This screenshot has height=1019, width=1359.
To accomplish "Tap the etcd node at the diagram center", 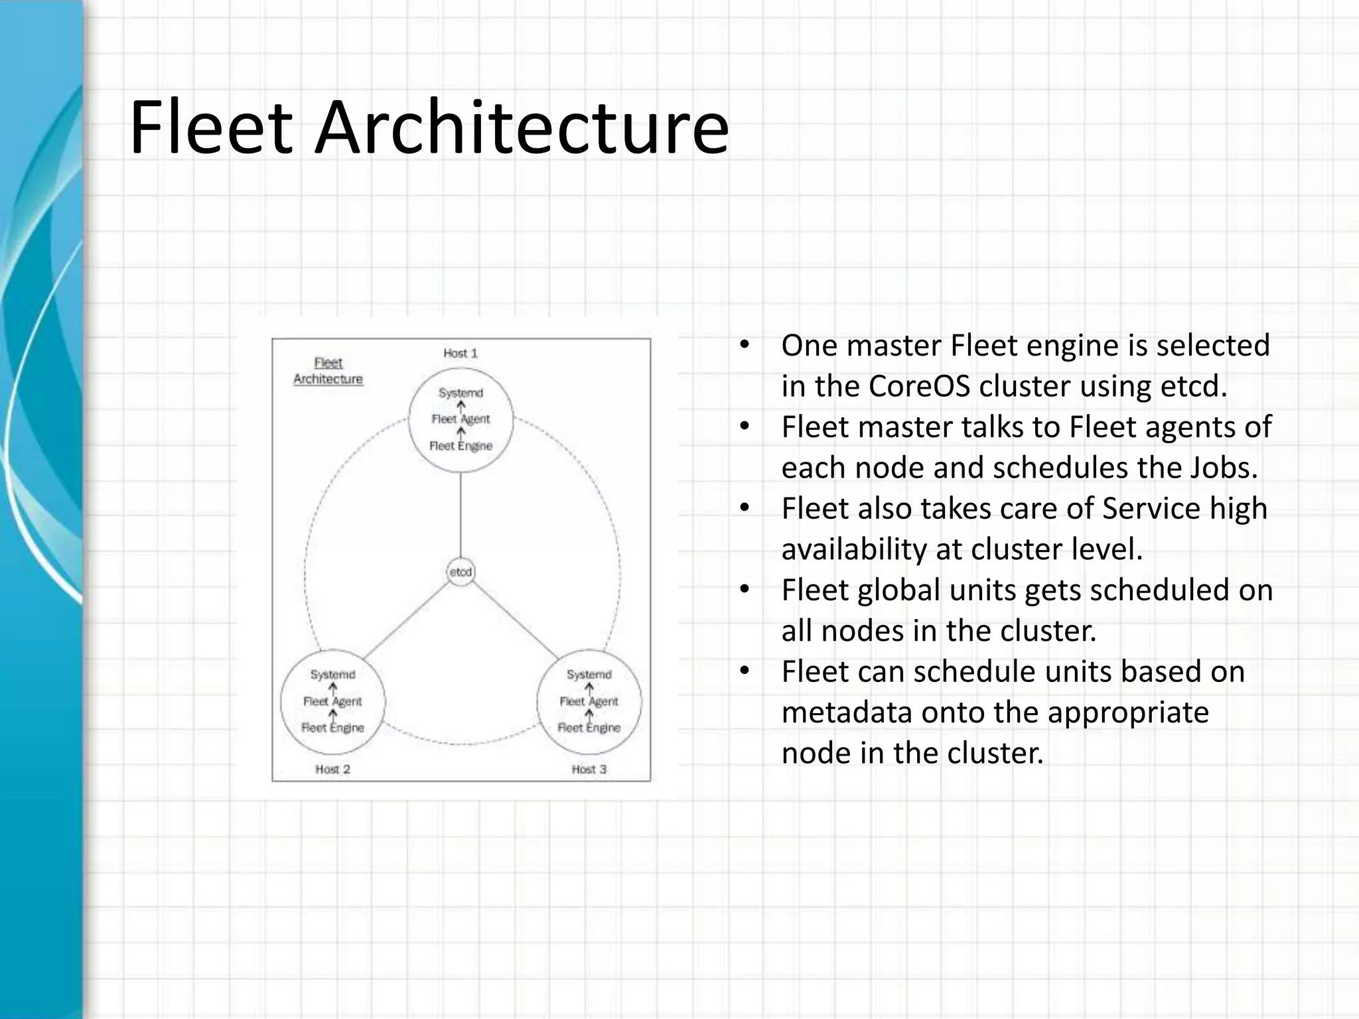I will click(x=461, y=572).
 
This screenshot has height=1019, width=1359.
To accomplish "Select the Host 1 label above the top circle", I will click(x=461, y=354).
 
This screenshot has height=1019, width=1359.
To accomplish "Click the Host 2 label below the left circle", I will click(x=332, y=770).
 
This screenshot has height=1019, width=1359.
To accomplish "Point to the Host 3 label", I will click(x=589, y=770).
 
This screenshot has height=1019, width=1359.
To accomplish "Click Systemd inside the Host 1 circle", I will click(x=461, y=393).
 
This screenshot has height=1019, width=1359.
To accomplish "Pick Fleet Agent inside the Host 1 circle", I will click(x=461, y=419).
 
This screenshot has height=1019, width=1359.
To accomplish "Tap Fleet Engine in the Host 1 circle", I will click(x=461, y=446).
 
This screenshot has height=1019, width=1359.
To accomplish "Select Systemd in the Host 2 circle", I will click(x=332, y=675).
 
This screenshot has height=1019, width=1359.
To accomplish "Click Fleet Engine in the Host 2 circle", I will click(x=332, y=728).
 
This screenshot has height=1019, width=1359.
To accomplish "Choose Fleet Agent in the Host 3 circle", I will click(x=589, y=701).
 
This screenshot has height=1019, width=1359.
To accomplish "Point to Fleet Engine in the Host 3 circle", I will click(x=589, y=728).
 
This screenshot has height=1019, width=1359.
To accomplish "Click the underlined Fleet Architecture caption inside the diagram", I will click(x=328, y=371).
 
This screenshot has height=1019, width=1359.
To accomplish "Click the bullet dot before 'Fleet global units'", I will click(x=745, y=589).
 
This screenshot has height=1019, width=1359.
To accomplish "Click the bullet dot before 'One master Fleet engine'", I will click(x=745, y=345).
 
